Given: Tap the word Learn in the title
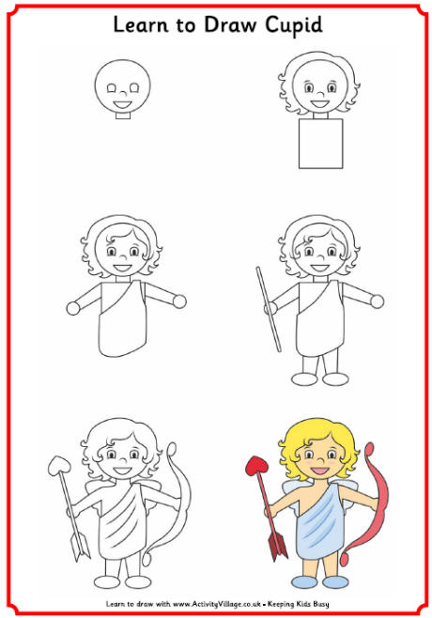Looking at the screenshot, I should (140, 25).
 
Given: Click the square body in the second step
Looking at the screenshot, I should (318, 143).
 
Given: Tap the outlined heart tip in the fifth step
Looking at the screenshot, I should (58, 462).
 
